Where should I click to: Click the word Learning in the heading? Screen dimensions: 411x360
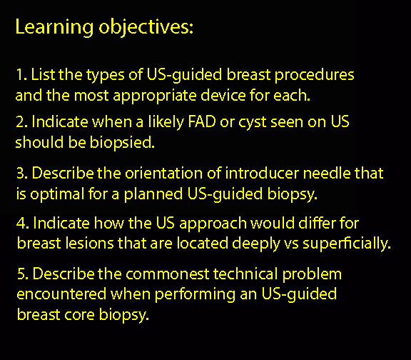pyautogui.click(x=54, y=28)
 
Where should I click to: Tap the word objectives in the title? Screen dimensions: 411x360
pyautogui.click(x=146, y=28)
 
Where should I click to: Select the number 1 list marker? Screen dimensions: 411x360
pyautogui.click(x=21, y=75)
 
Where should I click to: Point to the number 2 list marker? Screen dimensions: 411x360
pyautogui.click(x=21, y=122)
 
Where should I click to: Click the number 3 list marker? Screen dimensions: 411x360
pyautogui.click(x=22, y=173)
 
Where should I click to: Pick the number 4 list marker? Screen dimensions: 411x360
pyautogui.click(x=23, y=223)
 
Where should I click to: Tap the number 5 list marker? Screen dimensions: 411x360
pyautogui.click(x=23, y=274)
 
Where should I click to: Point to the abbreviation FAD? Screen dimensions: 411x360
pyautogui.click(x=202, y=121)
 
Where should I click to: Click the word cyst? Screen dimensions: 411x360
pyautogui.click(x=253, y=124)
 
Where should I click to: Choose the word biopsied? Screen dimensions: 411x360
pyautogui.click(x=122, y=143)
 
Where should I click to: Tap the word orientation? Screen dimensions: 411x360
pyautogui.click(x=163, y=173)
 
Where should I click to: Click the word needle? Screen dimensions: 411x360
pyautogui.click(x=326, y=173)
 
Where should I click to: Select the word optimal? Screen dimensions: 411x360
pyautogui.click(x=57, y=194)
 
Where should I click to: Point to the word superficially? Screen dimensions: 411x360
pyautogui.click(x=347, y=244)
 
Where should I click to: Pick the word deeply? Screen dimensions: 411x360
pyautogui.click(x=256, y=244)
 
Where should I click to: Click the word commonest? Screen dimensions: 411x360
pyautogui.click(x=168, y=274)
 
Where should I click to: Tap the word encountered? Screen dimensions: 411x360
pyautogui.click(x=61, y=294)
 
